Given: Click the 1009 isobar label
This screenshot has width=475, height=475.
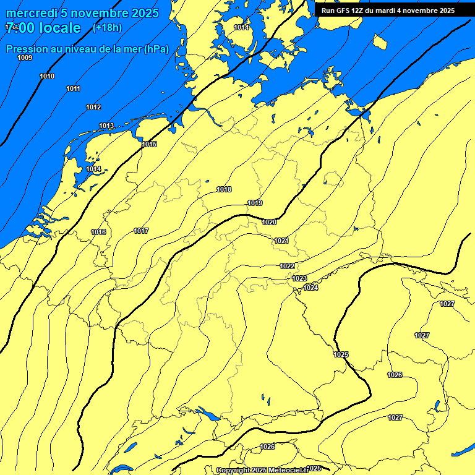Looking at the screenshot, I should pos(25,58).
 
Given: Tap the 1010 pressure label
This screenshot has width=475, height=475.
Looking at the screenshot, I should pos(47,76).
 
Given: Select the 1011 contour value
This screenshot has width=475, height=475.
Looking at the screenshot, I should pos(73,88).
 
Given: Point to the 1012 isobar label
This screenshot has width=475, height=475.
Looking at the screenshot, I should pos(93,107).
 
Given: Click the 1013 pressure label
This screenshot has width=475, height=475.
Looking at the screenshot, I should pos(106,126).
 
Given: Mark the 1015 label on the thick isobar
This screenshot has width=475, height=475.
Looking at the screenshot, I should pos(149,144).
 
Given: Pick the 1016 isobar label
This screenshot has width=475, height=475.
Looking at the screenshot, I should pos(98,232).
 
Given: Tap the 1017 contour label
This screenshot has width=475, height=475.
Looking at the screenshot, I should pos(141,231).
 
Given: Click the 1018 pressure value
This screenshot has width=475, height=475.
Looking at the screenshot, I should pos(224,189).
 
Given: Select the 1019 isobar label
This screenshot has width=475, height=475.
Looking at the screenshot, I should pos(255,203).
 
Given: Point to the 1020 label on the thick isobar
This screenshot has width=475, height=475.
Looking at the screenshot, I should pos(269,222).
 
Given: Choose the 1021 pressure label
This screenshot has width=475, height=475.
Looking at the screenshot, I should pos(281,240).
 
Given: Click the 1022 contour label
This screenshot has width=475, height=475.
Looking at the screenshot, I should pos(287,265).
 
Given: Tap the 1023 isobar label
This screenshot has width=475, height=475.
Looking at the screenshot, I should pos(299,278).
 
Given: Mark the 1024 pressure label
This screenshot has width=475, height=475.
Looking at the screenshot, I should pos(310,288).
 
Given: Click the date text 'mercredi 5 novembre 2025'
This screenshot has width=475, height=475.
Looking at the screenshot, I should pos(82,13).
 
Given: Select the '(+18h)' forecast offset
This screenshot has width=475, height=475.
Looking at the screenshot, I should pos(107,27).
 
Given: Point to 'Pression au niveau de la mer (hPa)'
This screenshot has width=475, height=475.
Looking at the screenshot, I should pos(87,49).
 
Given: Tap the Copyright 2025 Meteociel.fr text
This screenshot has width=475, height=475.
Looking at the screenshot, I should pos(262,470).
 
